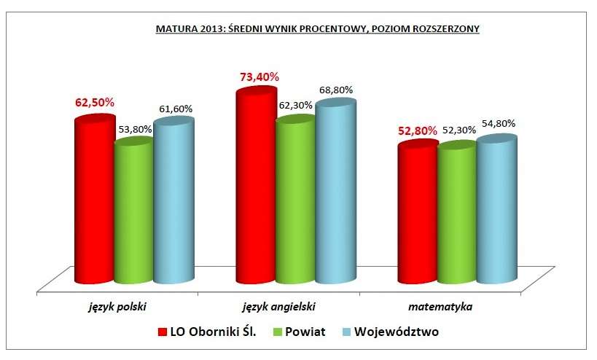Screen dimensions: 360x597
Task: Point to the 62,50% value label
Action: coord(95,103)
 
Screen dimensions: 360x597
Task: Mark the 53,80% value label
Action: coord(134,130)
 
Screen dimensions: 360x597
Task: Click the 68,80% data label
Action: coord(335,90)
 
